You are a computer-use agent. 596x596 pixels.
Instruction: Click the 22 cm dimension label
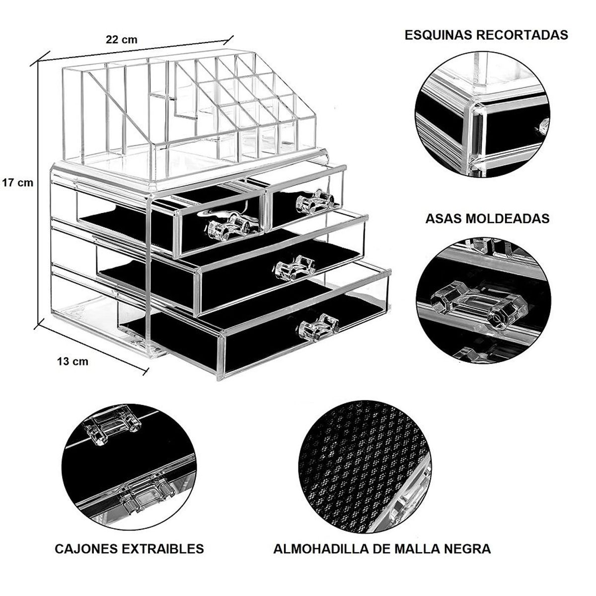click(x=121, y=40)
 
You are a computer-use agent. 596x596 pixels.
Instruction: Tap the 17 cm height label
click(x=17, y=182)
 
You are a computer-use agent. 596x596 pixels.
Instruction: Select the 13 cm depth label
click(x=72, y=361)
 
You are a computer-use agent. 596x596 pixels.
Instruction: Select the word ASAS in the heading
click(x=446, y=219)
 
